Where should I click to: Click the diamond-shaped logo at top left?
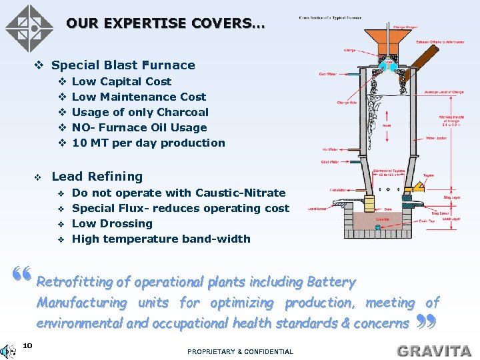tap(29, 29)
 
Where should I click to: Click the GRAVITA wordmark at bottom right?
tap(434, 351)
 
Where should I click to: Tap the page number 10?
tap(27, 345)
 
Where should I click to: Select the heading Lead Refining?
tap(97, 177)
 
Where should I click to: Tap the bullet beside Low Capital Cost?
tap(61, 81)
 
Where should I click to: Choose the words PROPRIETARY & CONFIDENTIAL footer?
tap(240, 351)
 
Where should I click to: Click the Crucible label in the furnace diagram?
tap(383, 218)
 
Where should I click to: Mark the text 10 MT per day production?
tap(149, 143)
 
